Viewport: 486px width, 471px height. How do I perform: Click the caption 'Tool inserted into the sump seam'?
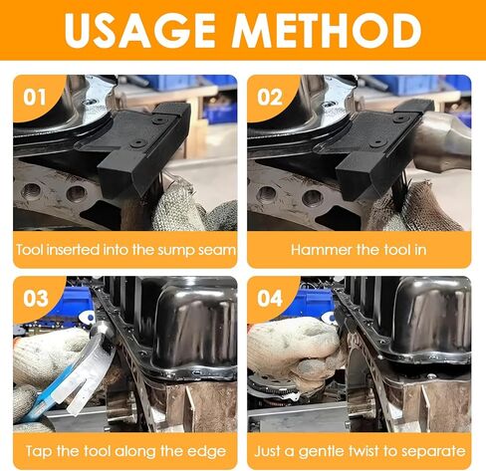(124, 250)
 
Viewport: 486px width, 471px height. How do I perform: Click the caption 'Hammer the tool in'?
(360, 250)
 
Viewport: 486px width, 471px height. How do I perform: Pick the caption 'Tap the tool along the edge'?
(124, 451)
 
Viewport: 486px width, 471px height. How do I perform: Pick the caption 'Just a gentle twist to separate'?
(360, 451)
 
